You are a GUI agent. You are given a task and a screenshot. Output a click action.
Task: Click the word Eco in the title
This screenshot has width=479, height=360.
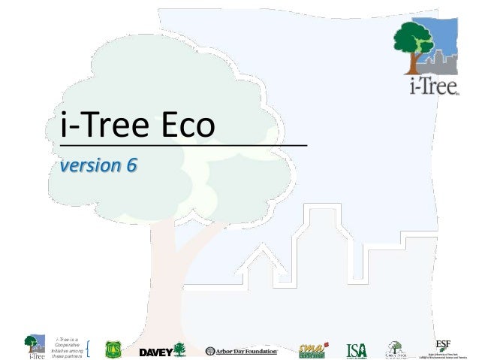point(180,126)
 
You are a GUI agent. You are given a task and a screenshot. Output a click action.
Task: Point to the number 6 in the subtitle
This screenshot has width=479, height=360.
point(131,165)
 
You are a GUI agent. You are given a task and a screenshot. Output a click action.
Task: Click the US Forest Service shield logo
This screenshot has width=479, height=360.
point(112,350)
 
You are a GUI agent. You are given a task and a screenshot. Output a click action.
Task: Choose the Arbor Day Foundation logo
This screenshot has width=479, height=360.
point(242,351)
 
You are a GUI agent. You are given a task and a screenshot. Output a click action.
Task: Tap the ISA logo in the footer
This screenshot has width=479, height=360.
point(357,350)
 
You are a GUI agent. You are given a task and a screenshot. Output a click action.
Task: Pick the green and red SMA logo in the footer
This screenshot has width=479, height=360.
point(312,349)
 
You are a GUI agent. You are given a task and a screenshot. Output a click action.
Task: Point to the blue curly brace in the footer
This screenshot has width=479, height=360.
point(89,349)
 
